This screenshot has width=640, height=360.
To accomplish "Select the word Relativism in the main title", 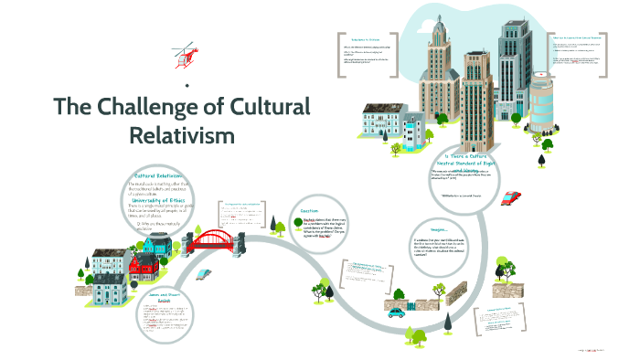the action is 182,135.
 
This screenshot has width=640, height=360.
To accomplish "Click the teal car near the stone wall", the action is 395,312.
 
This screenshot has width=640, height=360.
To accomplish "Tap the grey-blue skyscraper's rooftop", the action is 513,27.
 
